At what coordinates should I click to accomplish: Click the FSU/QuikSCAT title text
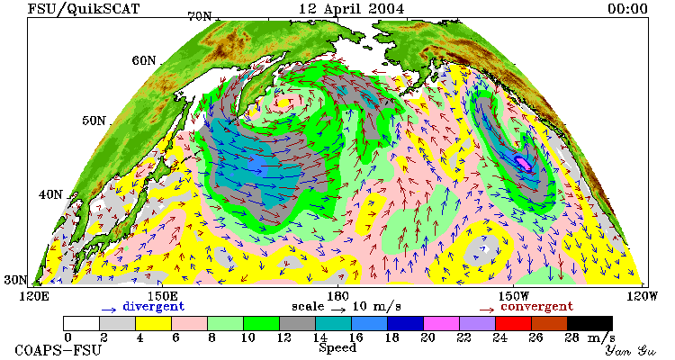(84, 9)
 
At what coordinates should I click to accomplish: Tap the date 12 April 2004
(351, 9)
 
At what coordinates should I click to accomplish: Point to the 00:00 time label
(627, 9)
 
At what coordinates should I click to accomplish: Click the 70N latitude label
(200, 16)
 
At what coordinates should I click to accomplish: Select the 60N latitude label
(144, 60)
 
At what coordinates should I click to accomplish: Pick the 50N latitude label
(94, 121)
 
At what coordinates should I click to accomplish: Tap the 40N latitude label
(50, 194)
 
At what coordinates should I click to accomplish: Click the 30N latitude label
(15, 280)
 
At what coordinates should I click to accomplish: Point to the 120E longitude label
(31, 296)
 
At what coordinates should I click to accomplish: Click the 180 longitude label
(337, 296)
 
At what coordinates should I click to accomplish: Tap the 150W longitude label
(512, 296)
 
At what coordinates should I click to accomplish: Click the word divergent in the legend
(154, 306)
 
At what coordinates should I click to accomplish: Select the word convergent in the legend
(536, 306)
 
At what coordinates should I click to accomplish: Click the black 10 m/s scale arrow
(338, 309)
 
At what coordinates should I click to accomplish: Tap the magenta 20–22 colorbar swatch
(441, 323)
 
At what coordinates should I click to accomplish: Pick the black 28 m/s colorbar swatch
(589, 323)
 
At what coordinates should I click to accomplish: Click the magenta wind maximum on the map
(524, 163)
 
